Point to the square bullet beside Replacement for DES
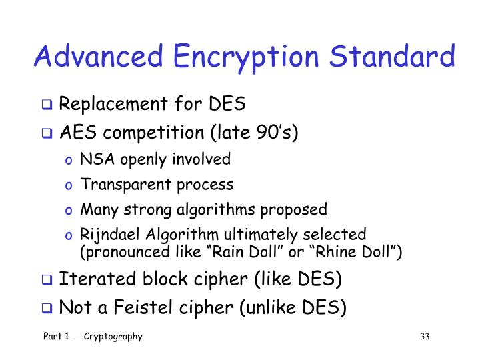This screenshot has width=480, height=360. pyautogui.click(x=49, y=105)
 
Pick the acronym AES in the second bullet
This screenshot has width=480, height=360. pyautogui.click(x=74, y=131)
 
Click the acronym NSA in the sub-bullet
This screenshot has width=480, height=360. pyautogui.click(x=93, y=159)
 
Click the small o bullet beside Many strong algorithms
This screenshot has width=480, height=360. pyautogui.click(x=71, y=211)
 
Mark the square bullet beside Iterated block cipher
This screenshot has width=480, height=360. pyautogui.click(x=49, y=279)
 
